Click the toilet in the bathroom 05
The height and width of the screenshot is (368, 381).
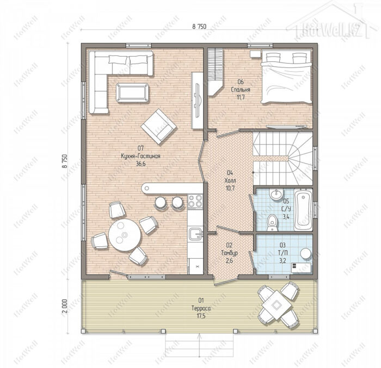(x=272, y=223)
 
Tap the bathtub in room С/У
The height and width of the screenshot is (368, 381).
(x=303, y=210)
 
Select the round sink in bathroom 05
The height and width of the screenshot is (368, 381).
(x=276, y=194)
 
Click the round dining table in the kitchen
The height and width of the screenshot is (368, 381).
(x=125, y=235)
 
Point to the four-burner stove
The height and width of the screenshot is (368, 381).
(x=195, y=201)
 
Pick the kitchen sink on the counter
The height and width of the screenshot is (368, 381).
(x=196, y=234)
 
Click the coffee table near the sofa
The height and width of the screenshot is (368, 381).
(x=132, y=92)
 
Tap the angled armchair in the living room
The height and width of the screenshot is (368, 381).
(x=158, y=126)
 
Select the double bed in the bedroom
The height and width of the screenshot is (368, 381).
(x=286, y=77)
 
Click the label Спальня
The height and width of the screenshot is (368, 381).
(x=241, y=90)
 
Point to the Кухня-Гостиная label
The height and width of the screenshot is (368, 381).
(x=140, y=156)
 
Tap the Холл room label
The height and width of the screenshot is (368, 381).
(x=230, y=180)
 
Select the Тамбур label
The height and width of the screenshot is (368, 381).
(x=229, y=253)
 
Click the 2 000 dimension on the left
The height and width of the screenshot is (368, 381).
(x=65, y=307)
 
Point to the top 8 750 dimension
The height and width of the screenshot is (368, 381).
(x=199, y=27)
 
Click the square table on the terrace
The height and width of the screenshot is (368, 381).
(x=276, y=304)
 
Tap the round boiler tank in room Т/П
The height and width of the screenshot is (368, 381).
(x=306, y=253)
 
